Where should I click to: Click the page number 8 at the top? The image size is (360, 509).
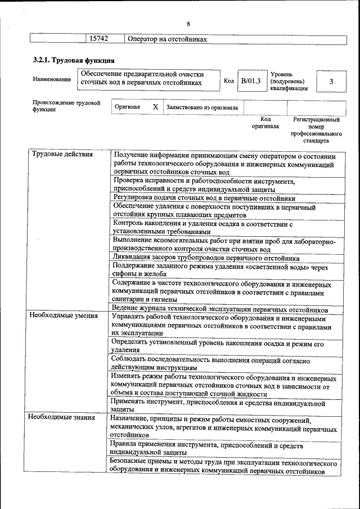(x=188, y=24)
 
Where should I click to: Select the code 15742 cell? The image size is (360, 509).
(x=97, y=39)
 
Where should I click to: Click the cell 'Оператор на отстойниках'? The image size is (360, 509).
(x=168, y=39)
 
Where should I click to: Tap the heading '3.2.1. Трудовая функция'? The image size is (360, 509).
(x=74, y=60)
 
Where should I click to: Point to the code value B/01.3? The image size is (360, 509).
(x=251, y=82)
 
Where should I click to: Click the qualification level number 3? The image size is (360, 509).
(x=331, y=82)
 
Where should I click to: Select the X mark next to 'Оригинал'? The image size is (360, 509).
(x=155, y=107)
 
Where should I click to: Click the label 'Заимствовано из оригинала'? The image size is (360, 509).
(x=201, y=107)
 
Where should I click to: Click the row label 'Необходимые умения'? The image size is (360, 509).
(x=63, y=316)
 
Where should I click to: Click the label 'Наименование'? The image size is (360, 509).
(x=52, y=79)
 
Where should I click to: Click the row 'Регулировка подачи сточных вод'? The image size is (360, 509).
(x=204, y=198)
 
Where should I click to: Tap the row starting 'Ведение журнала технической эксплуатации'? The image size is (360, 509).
(x=219, y=309)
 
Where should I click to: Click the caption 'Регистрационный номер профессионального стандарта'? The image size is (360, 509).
(x=316, y=130)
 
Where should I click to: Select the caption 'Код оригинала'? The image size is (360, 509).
(x=265, y=123)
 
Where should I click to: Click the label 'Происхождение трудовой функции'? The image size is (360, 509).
(x=66, y=106)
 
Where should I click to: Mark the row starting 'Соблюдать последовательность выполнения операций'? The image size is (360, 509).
(x=210, y=363)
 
